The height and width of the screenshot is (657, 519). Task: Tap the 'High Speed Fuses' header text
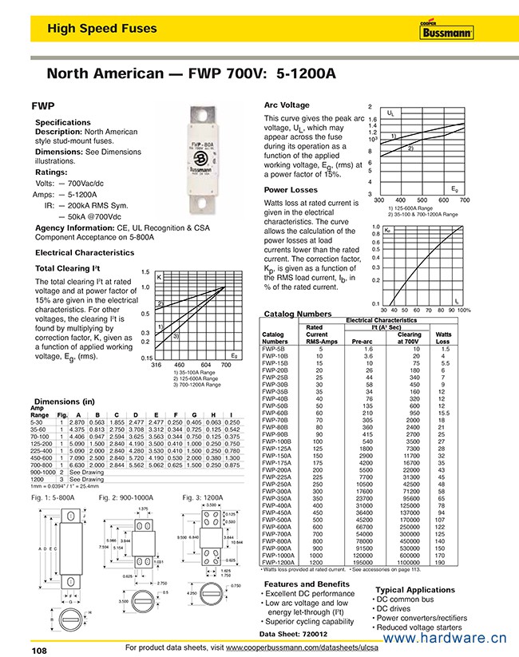101,30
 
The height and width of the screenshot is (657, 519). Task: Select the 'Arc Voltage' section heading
287,105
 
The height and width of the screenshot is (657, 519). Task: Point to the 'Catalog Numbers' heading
297,314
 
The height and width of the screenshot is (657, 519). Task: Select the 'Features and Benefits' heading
307,584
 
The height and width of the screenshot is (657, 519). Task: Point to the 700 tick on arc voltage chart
465,200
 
